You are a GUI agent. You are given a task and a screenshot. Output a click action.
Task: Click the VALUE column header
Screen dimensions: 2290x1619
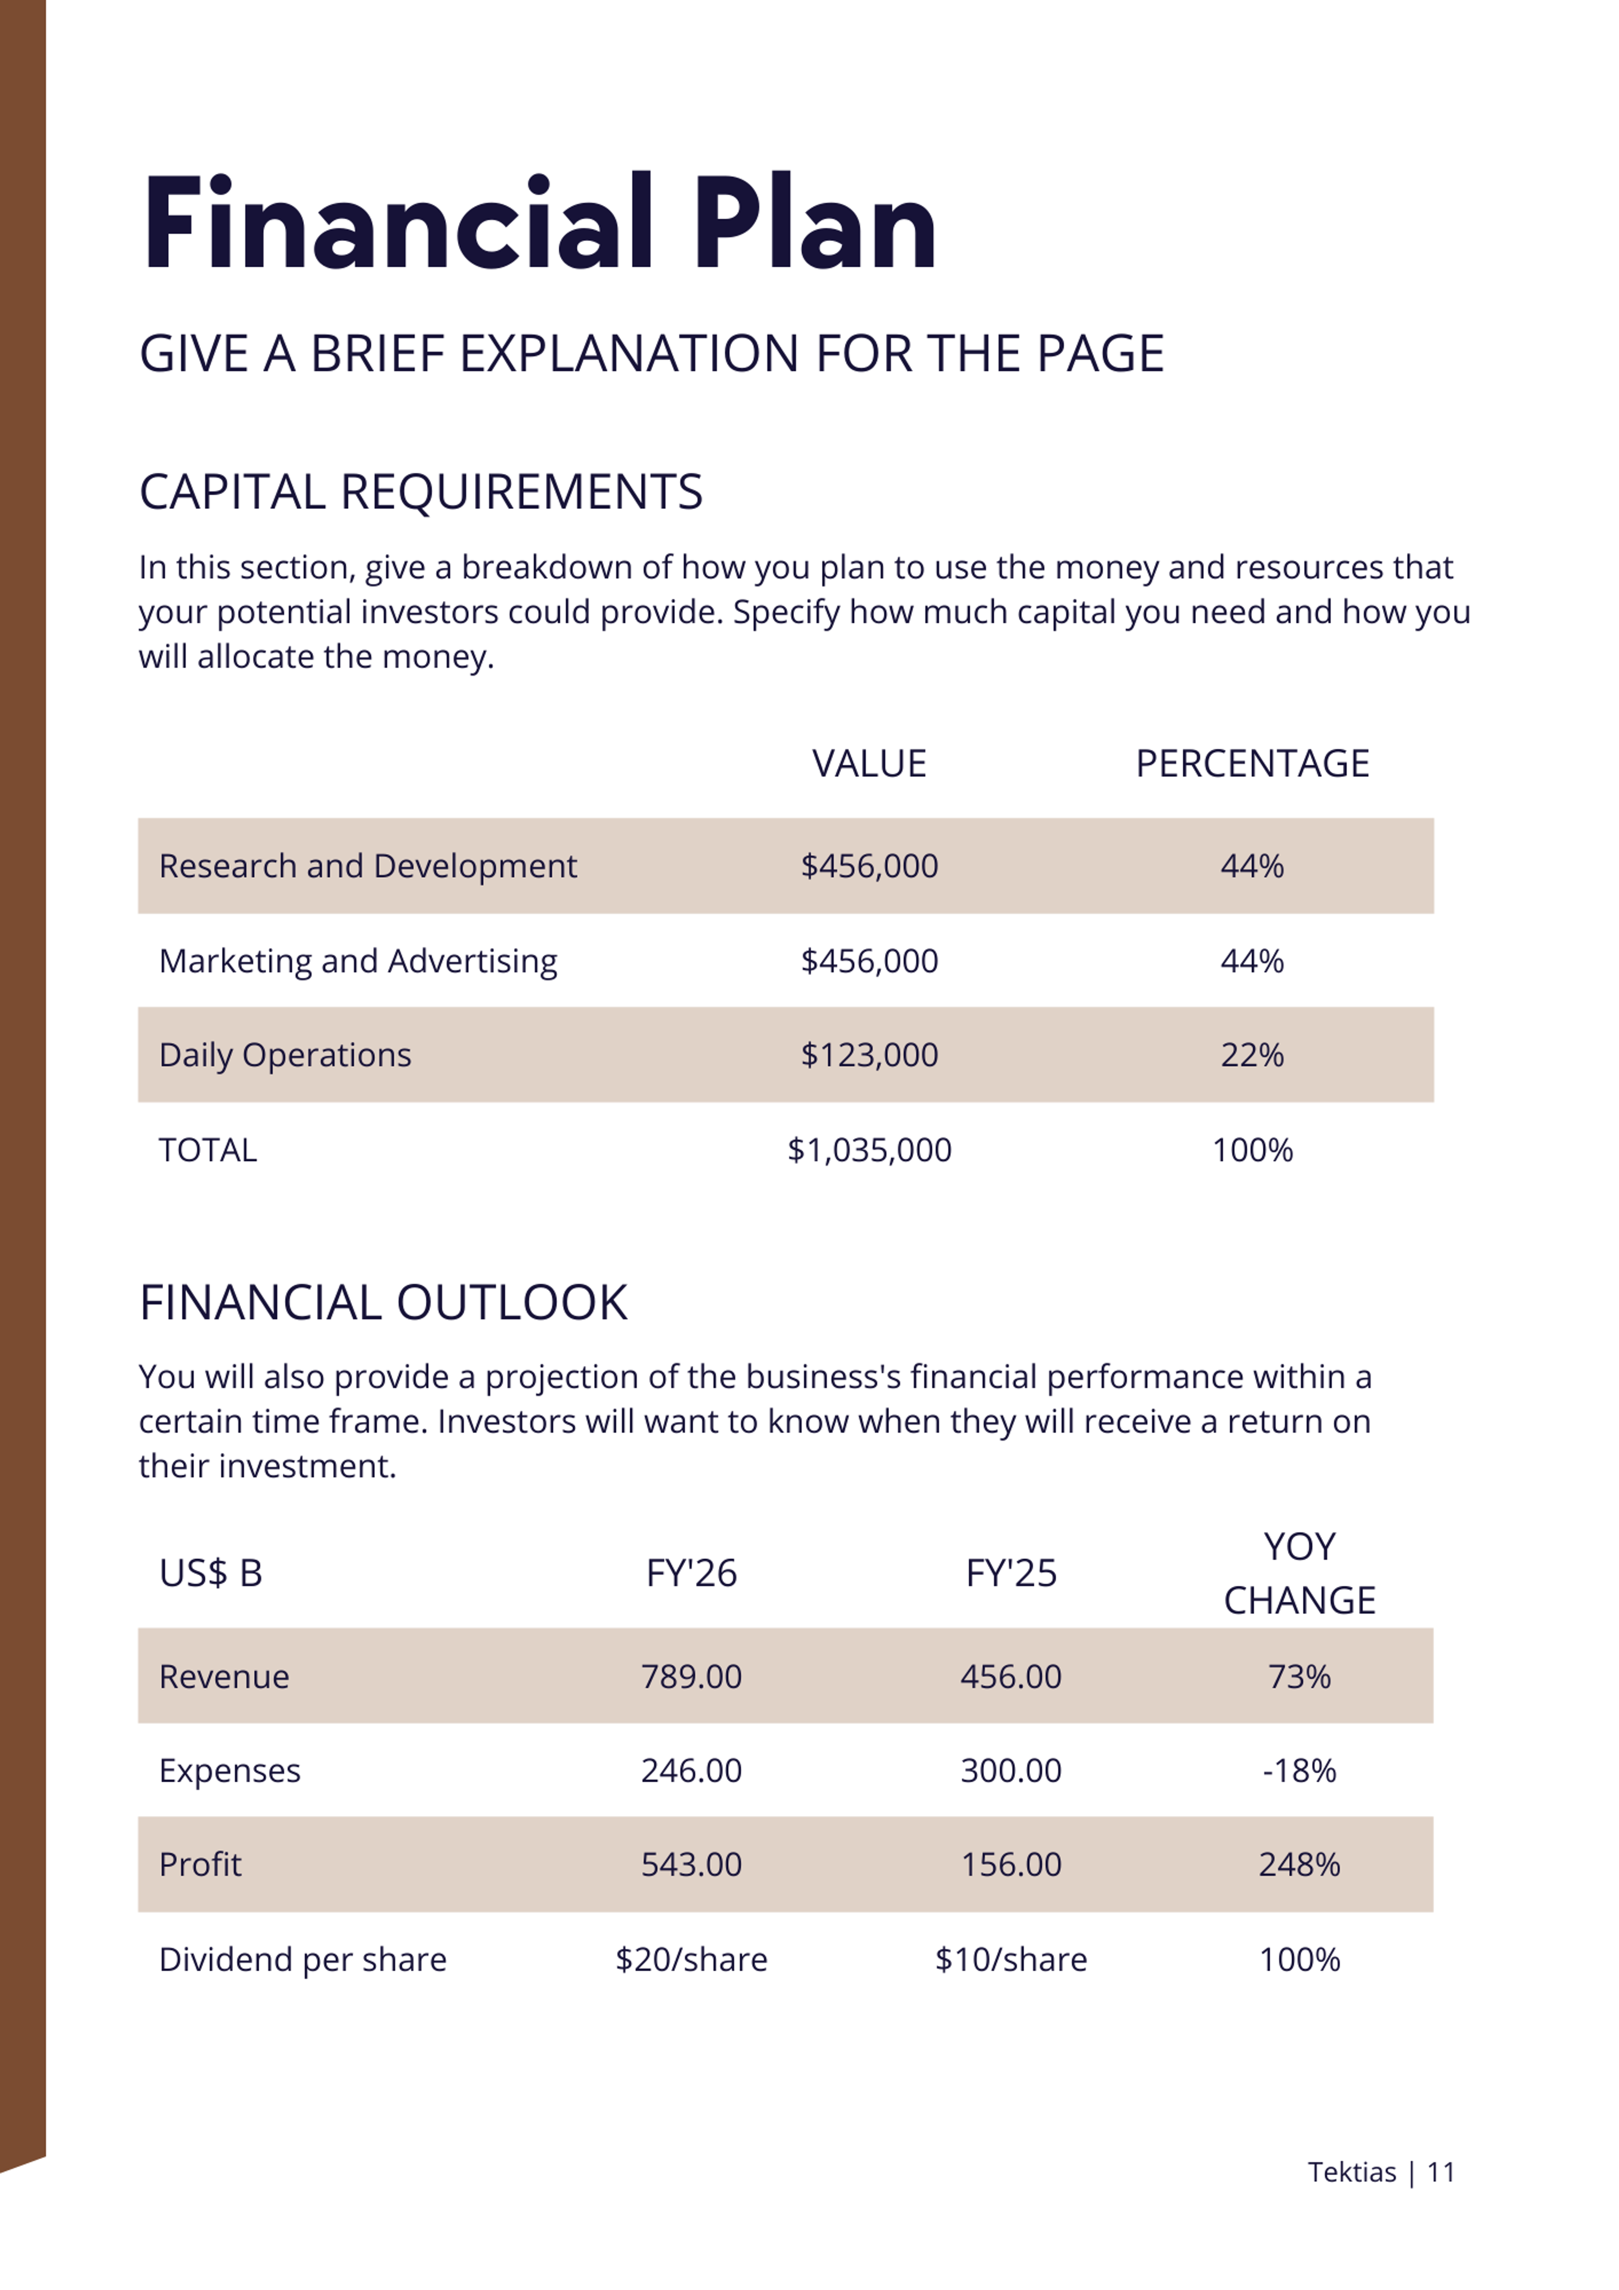tap(869, 764)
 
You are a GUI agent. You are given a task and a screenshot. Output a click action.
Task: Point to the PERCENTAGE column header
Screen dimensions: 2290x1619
tap(1252, 764)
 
